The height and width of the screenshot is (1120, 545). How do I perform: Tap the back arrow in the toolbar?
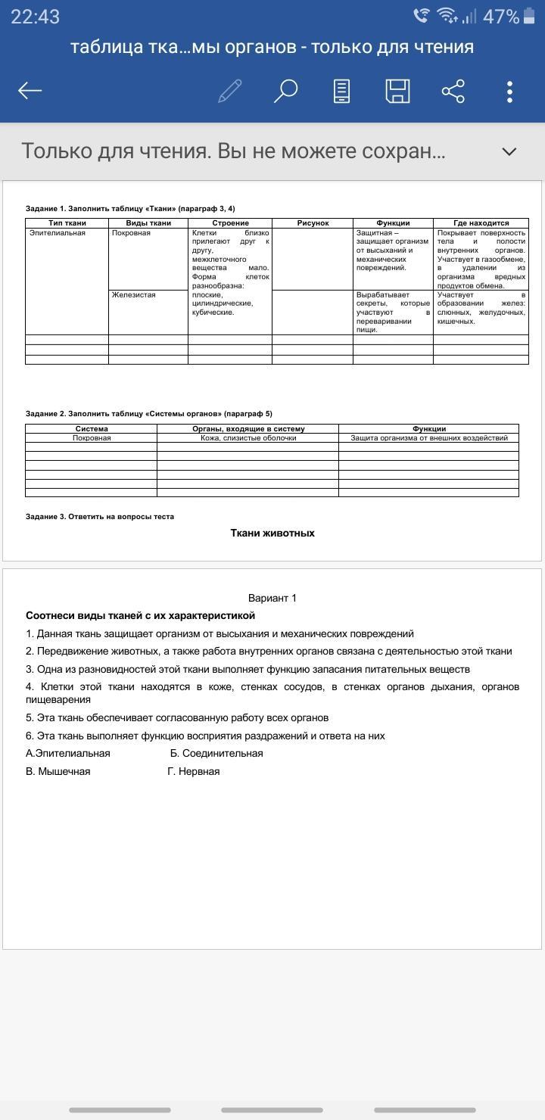[30, 91]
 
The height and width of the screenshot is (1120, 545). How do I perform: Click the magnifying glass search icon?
[285, 91]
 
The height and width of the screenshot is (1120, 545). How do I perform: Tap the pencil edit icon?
[229, 91]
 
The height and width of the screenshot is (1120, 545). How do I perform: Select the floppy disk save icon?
[397, 91]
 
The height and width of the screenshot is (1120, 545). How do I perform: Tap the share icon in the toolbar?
[453, 91]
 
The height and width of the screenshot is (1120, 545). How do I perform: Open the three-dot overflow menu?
[509, 91]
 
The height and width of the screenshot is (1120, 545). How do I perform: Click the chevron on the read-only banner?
[509, 151]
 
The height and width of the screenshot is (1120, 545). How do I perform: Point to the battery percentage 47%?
[500, 17]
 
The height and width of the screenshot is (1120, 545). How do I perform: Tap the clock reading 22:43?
[35, 17]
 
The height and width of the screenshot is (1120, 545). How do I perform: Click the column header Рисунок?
[313, 223]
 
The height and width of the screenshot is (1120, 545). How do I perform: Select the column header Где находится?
[481, 223]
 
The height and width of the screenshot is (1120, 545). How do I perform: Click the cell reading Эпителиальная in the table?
[58, 233]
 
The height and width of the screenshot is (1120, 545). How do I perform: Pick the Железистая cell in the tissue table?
[133, 295]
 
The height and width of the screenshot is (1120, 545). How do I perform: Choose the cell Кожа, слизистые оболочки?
[248, 438]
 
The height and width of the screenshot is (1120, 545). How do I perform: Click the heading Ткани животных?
[272, 533]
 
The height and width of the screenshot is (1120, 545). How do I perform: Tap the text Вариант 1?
[272, 598]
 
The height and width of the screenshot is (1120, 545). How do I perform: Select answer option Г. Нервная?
[194, 771]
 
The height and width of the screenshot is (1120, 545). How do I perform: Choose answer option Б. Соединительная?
[216, 753]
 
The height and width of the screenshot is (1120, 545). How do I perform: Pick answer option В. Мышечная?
[58, 771]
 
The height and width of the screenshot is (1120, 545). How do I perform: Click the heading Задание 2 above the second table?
[148, 414]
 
